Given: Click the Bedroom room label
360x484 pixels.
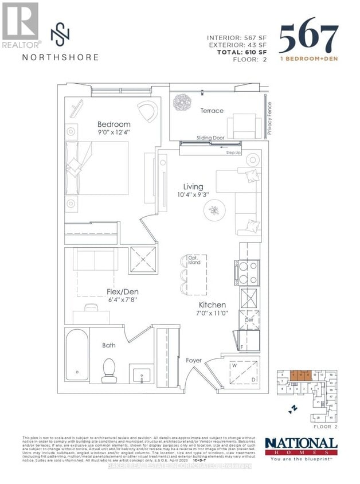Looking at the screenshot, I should point(114,124).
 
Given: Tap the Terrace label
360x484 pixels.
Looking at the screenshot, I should point(212,111).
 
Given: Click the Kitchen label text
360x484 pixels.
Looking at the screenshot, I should point(212,305).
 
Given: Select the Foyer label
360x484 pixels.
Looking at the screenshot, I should point(194,360).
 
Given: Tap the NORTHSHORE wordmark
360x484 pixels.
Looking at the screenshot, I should point(60,57).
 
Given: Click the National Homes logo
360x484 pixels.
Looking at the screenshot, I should point(300,445).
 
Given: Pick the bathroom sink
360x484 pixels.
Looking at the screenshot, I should point(141,376).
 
